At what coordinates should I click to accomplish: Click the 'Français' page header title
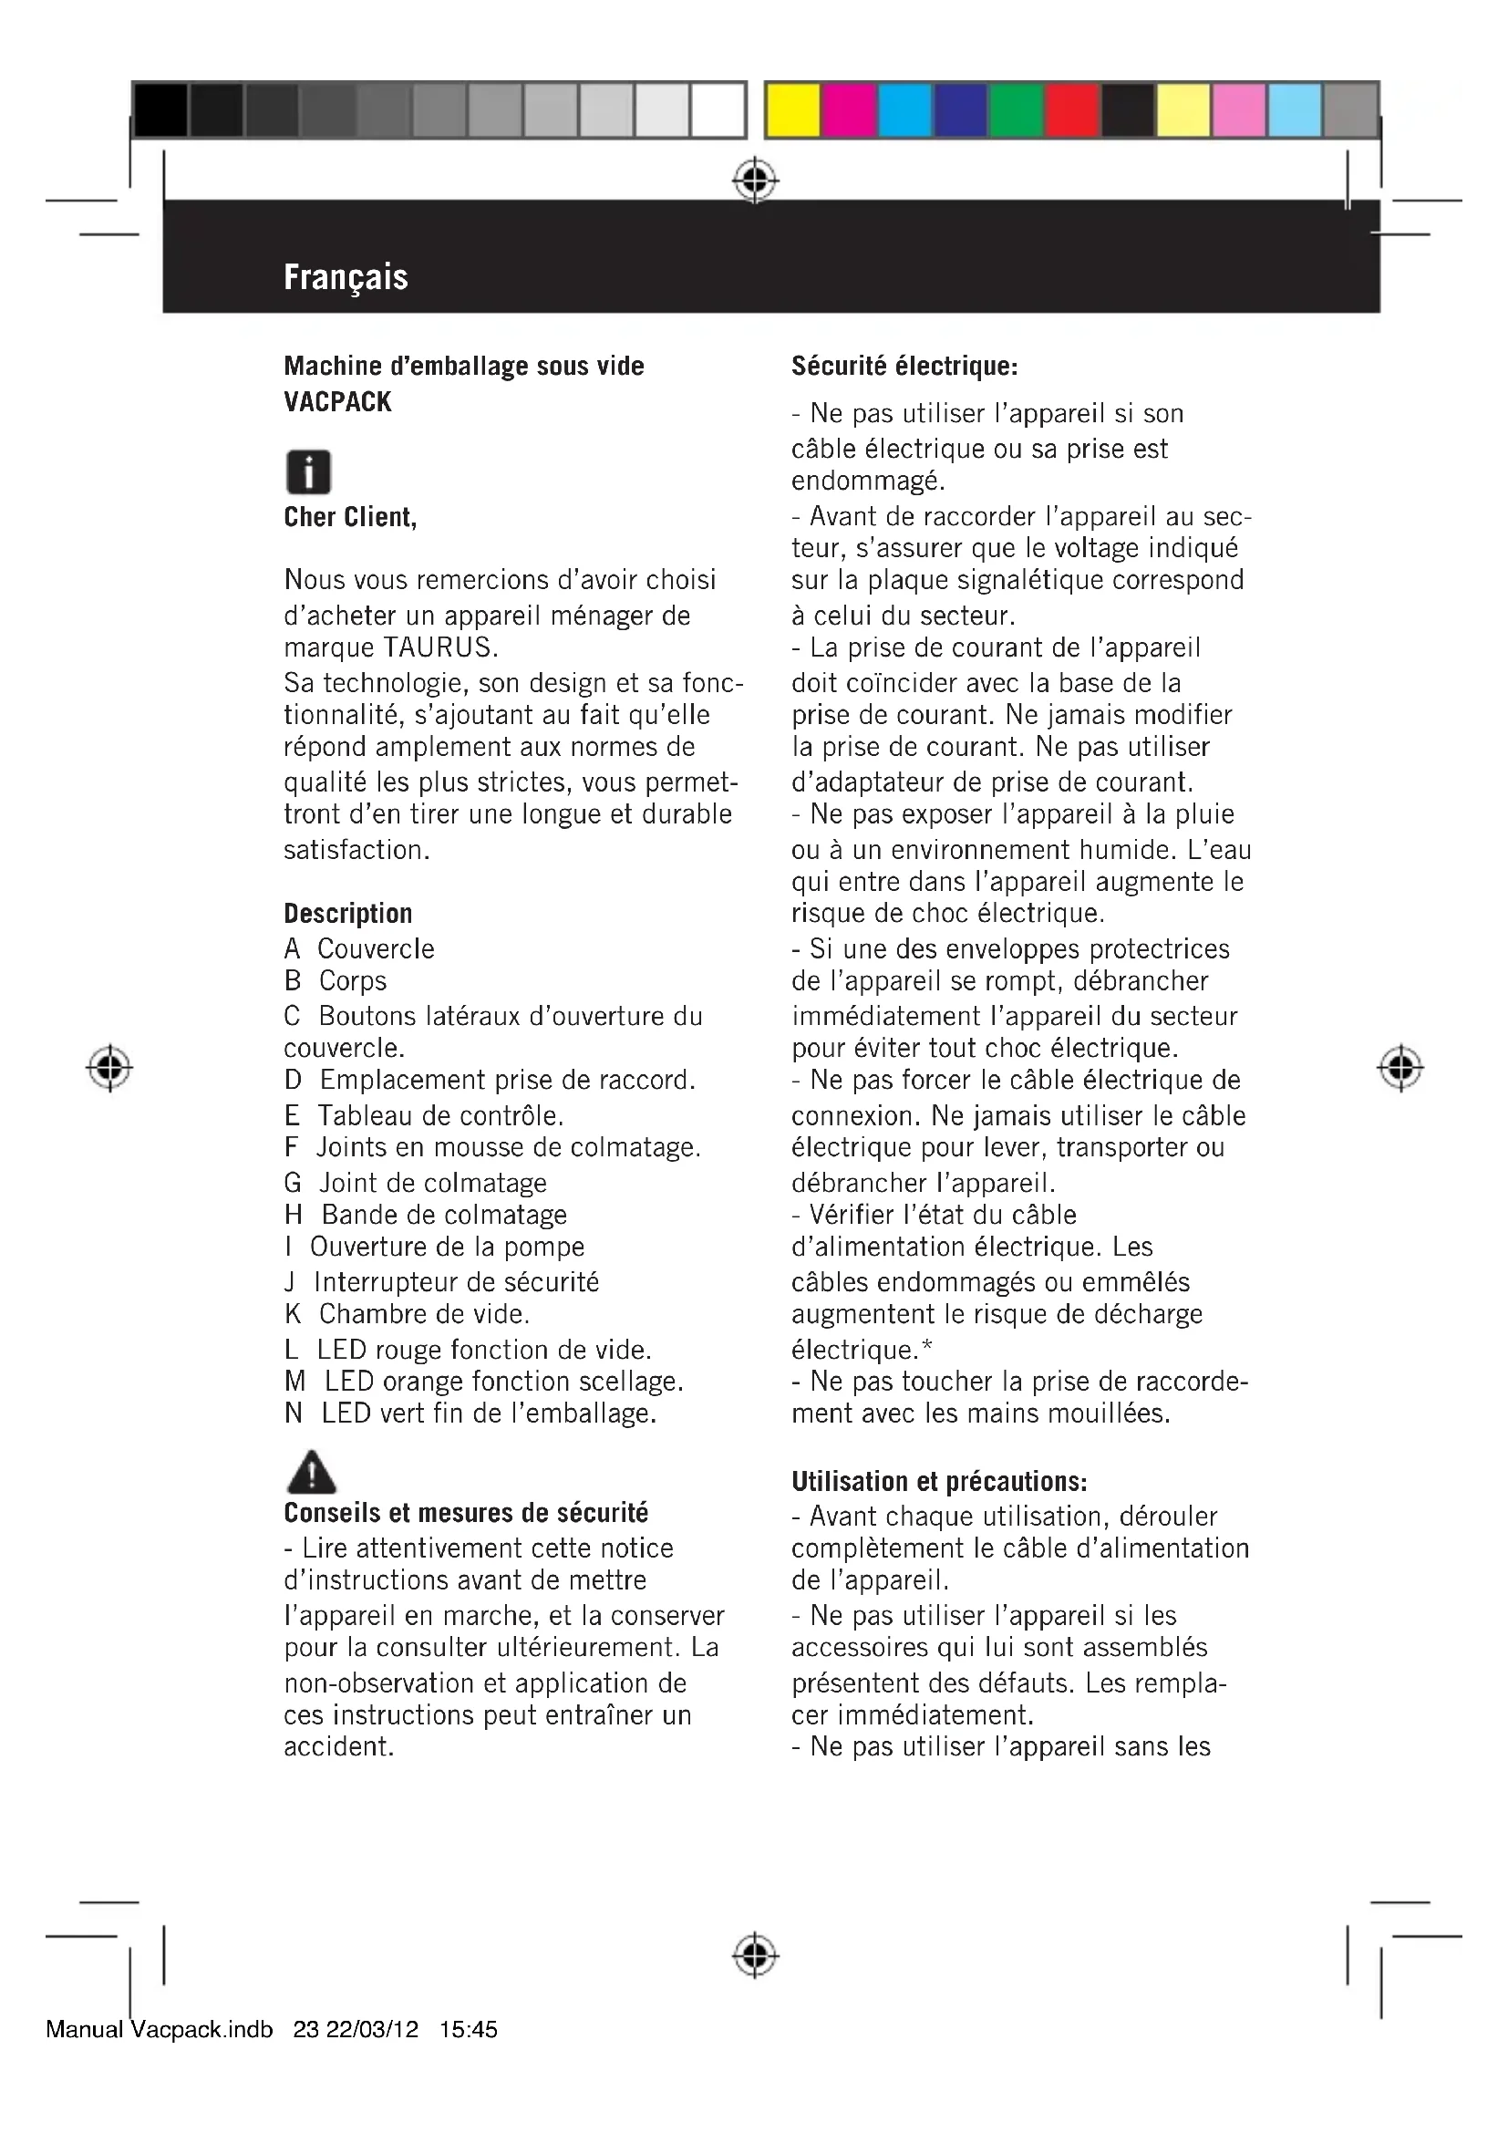click(346, 277)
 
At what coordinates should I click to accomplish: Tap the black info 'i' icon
click(308, 472)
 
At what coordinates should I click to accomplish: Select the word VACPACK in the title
click(338, 402)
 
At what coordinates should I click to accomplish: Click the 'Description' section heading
click(348, 913)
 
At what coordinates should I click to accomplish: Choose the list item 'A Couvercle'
click(359, 948)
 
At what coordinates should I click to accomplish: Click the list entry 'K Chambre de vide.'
click(407, 1313)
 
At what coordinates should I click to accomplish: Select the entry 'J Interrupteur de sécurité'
click(442, 1282)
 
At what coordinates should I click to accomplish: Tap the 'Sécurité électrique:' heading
click(904, 366)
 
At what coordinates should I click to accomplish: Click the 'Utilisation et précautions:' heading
click(939, 1481)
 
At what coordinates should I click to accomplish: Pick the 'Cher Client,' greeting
click(350, 517)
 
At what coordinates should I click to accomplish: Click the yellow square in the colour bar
click(793, 110)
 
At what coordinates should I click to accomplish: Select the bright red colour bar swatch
click(1071, 110)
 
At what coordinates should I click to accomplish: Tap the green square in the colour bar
click(1016, 110)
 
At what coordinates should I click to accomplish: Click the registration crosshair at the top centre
click(755, 180)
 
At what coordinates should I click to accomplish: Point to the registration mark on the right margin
click(1400, 1069)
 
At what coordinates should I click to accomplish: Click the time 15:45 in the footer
click(469, 2029)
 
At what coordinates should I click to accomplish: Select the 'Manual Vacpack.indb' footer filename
click(160, 2029)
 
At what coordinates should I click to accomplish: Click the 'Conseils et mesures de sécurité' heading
click(466, 1512)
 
